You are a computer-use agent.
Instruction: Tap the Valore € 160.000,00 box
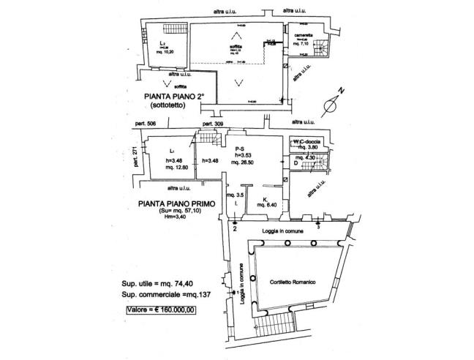pyautogui.click(x=158, y=308)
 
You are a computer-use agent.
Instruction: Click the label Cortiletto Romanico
pyautogui.click(x=293, y=282)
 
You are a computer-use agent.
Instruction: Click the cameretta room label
pyautogui.click(x=306, y=35)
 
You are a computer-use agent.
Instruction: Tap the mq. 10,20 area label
pyautogui.click(x=165, y=52)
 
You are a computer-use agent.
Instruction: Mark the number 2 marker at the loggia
pyautogui.click(x=235, y=228)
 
